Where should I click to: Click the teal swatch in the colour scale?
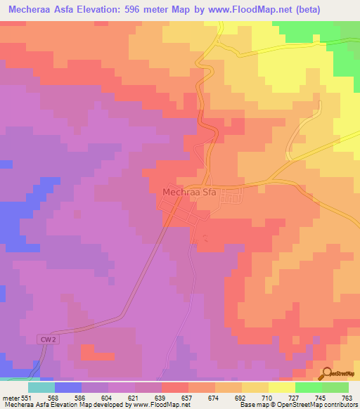point(41,387)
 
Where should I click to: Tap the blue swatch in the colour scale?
point(68,387)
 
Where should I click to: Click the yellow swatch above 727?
point(282,387)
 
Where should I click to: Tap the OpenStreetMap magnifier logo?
point(326,375)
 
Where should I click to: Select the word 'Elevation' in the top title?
point(105,10)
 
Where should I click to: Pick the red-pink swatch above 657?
point(175,387)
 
